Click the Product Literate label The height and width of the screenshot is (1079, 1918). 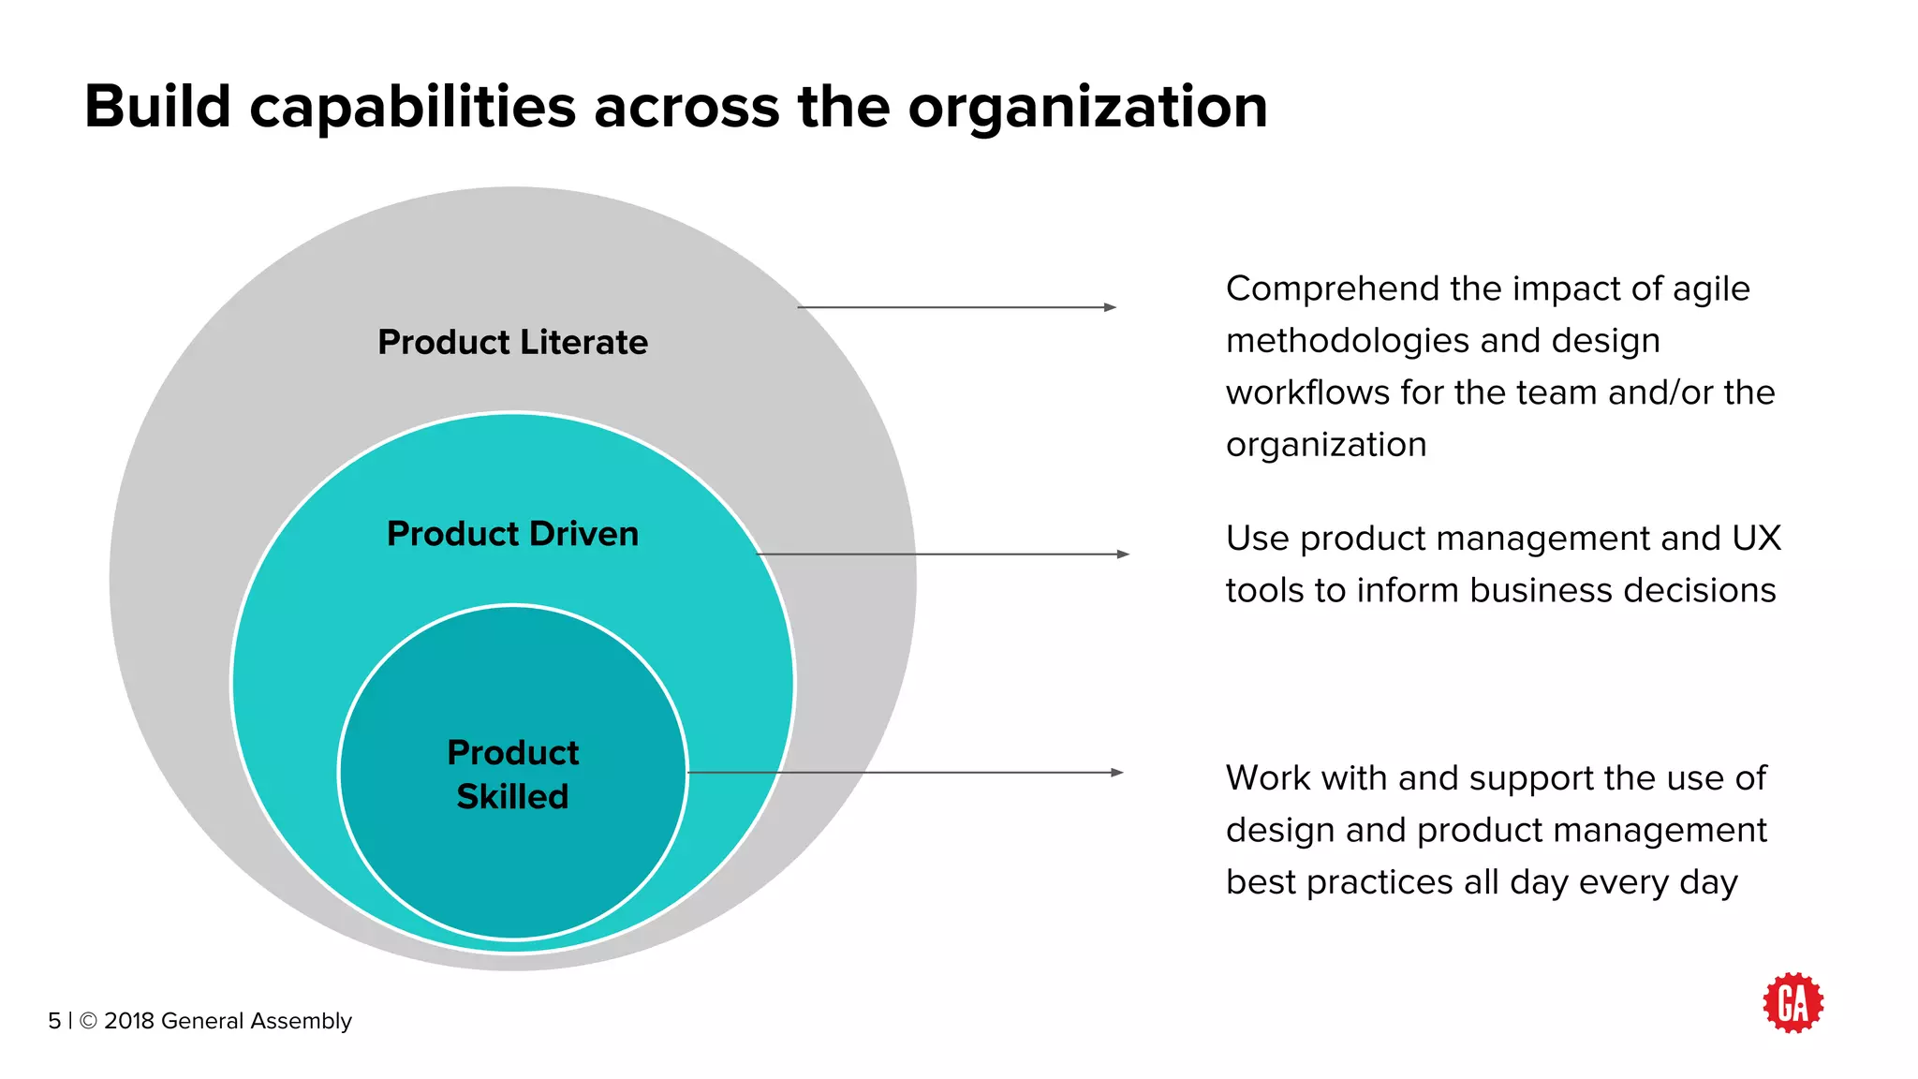click(512, 343)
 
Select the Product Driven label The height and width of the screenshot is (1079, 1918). click(512, 534)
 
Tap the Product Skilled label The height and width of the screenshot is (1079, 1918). click(512, 775)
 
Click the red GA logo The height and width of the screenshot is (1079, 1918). click(1793, 1003)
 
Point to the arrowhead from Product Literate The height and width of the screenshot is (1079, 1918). click(1110, 307)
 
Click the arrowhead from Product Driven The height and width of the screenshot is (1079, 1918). click(1123, 554)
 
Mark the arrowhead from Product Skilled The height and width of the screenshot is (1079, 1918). click(1116, 773)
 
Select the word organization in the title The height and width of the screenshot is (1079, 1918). click(1087, 108)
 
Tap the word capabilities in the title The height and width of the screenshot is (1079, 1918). click(412, 108)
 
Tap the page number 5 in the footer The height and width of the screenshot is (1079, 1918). click(54, 1021)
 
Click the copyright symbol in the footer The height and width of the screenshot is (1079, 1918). click(88, 1021)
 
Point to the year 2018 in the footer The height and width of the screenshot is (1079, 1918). click(129, 1021)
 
